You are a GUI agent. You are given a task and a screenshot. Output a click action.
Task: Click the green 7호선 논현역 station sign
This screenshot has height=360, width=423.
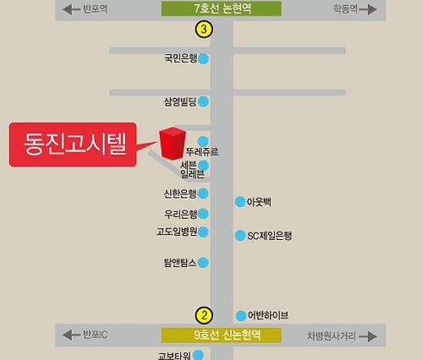tap(222, 8)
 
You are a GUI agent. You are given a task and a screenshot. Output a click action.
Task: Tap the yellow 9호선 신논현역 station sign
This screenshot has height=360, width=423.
tap(222, 335)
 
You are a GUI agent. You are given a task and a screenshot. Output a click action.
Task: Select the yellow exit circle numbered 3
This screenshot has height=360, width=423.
tap(204, 29)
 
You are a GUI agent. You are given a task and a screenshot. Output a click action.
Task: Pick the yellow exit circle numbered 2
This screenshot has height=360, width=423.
tap(204, 315)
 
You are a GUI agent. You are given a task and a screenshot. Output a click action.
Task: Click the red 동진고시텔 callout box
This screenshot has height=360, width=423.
tap(73, 145)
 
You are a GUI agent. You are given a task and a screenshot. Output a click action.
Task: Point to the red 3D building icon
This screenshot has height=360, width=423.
tap(173, 144)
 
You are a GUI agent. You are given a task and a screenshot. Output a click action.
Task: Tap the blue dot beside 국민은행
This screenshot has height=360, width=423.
tap(203, 59)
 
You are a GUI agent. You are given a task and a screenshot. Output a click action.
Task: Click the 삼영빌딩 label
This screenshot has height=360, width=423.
tap(180, 101)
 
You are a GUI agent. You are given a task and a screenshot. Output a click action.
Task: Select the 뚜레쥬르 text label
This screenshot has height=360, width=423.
tap(202, 152)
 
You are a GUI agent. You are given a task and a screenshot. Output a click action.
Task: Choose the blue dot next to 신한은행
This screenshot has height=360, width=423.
tap(203, 194)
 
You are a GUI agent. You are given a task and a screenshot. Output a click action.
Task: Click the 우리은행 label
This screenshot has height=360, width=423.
tap(181, 214)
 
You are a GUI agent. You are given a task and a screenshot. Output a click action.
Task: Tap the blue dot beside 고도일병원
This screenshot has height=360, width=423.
tap(203, 232)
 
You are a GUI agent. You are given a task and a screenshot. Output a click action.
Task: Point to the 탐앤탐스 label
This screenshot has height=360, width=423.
tap(180, 263)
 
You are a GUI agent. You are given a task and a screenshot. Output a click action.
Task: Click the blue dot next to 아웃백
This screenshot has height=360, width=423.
tap(240, 202)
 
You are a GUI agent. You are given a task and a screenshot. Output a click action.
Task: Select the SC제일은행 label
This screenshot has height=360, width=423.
tap(270, 236)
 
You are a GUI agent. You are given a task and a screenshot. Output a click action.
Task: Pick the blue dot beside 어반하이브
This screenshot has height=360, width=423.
tap(241, 316)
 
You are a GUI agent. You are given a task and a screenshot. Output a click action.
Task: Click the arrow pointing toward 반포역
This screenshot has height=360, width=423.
tap(71, 9)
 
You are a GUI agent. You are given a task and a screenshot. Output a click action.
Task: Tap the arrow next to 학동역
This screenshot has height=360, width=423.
tap(368, 9)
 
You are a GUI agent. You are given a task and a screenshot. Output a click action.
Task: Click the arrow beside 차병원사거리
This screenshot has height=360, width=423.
tap(368, 336)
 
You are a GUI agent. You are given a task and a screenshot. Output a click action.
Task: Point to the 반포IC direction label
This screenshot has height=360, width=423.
tap(96, 335)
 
